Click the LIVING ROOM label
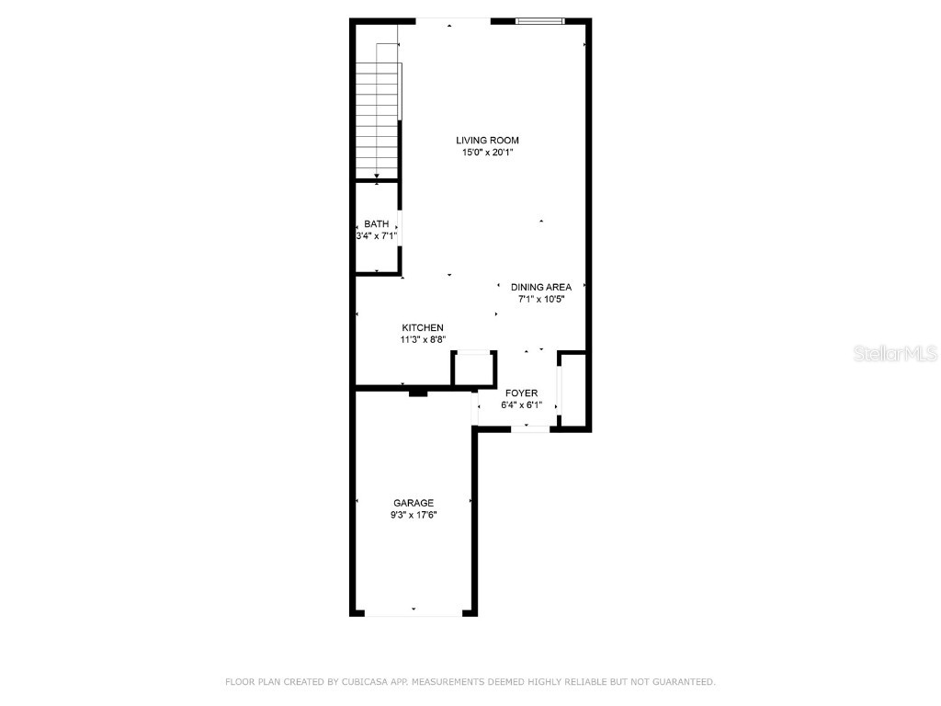pos(487,141)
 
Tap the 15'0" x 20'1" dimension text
pos(487,154)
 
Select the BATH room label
pos(376,223)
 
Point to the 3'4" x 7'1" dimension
pos(377,236)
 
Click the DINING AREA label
pos(541,287)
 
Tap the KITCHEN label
pos(423,327)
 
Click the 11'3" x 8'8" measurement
pos(423,340)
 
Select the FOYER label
pos(521,393)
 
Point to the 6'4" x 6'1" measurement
pos(521,405)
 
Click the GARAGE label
pos(414,503)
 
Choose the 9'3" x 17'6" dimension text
pos(414,516)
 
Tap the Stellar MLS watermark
pos(894,353)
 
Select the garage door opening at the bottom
pos(414,613)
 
